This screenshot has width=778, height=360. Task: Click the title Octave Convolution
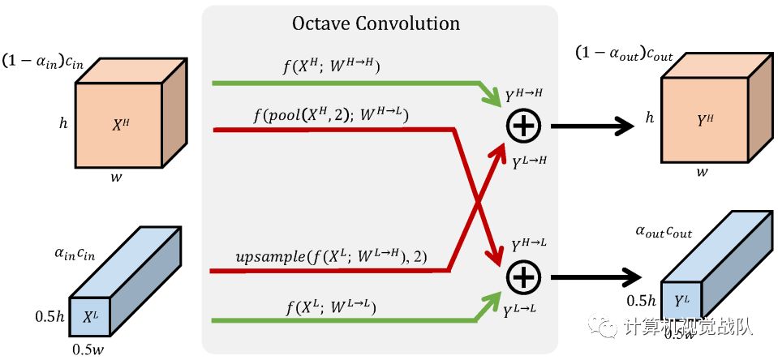(376, 23)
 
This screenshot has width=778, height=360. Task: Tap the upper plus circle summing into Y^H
(523, 126)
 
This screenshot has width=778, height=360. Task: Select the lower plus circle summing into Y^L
(523, 276)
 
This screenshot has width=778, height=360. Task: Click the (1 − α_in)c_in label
(42, 62)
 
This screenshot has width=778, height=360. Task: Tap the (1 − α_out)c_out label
(624, 53)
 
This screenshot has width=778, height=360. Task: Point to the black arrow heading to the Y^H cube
(591, 126)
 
